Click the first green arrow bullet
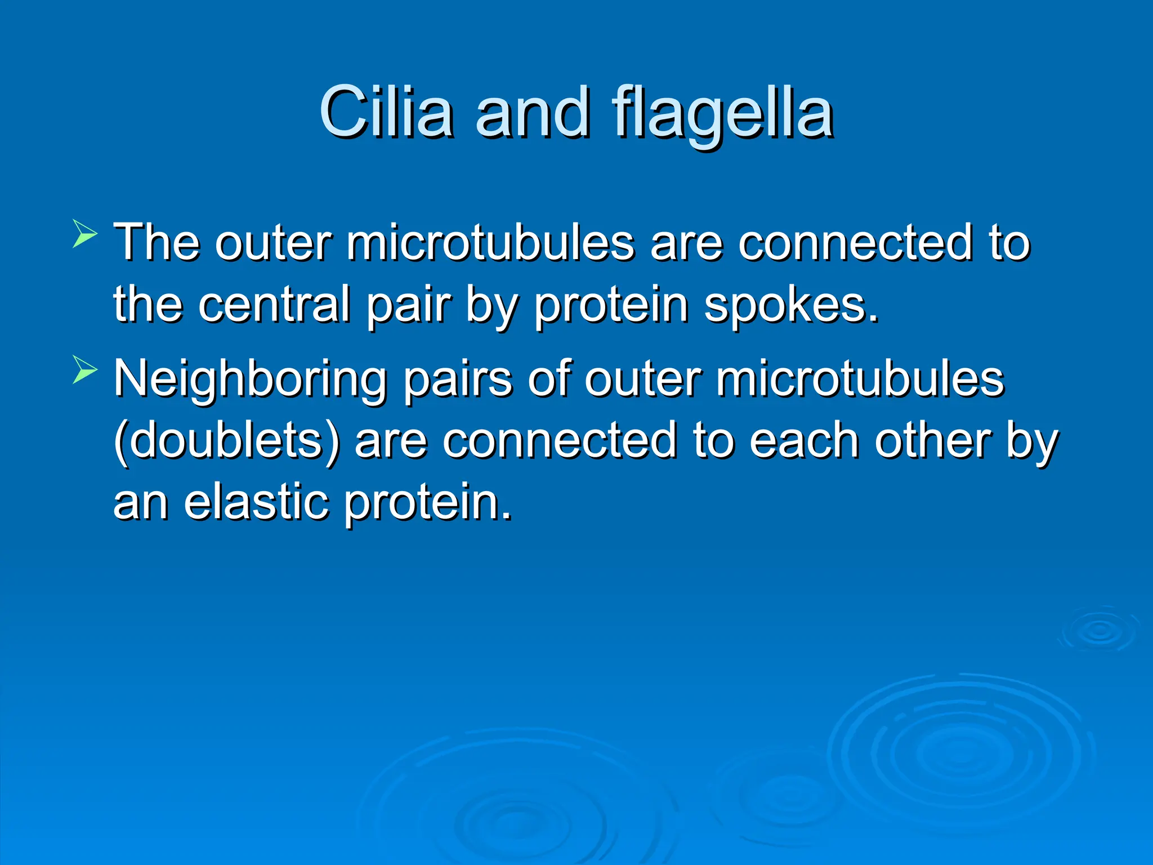coord(84,234)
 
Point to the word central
coord(274,304)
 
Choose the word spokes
coord(790,304)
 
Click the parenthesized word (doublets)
coord(227,441)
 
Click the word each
coord(804,441)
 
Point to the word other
coord(932,441)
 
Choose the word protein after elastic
coord(428,503)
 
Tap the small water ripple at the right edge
coord(1098,630)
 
